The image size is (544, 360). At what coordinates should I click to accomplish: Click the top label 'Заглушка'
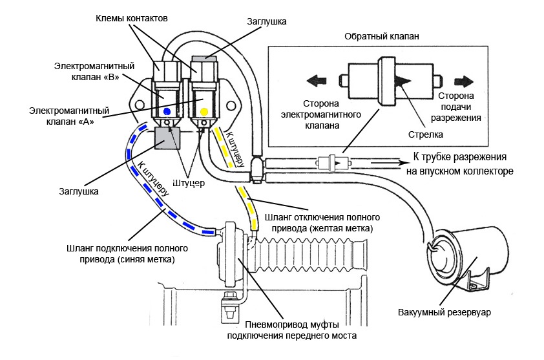[x=267, y=21]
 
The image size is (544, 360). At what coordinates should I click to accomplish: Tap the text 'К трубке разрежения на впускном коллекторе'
[x=458, y=164]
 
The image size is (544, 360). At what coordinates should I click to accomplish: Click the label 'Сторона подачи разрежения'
[x=465, y=107]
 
